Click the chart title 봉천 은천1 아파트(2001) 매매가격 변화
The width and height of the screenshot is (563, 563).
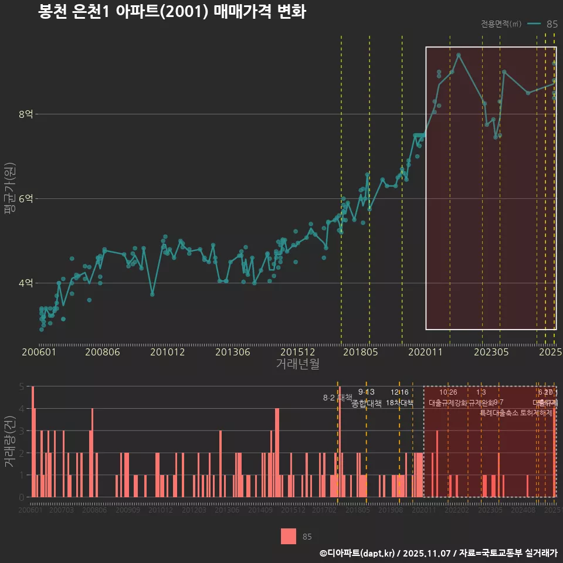[x=171, y=12]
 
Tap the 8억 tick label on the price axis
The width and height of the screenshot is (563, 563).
[x=25, y=114]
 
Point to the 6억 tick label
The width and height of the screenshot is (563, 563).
[x=25, y=199]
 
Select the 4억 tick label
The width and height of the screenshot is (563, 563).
[x=25, y=283]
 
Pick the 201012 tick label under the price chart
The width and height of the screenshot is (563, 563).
[x=167, y=352]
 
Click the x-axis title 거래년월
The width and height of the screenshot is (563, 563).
[x=297, y=364]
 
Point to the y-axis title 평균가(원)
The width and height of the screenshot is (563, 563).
[x=9, y=198]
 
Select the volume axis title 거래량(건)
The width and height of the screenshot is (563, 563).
[x=9, y=442]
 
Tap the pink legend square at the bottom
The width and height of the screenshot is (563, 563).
[x=289, y=536]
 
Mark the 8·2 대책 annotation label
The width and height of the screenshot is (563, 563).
[x=337, y=398]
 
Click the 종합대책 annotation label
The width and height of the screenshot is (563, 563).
[x=367, y=403]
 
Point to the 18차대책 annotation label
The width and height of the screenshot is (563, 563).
[x=400, y=403]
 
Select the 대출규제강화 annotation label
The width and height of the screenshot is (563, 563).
[x=448, y=403]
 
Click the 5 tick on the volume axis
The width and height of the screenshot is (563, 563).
[x=22, y=387]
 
